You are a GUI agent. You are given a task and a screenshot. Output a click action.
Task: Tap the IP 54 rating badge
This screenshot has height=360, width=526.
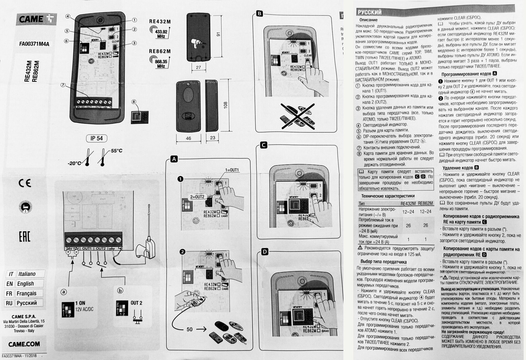97,138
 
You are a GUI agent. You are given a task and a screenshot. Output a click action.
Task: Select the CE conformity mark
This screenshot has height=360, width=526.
25,183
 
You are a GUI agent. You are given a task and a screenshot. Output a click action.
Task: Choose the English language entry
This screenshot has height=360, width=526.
26,283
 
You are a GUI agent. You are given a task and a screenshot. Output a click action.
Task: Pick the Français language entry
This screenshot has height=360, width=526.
26,293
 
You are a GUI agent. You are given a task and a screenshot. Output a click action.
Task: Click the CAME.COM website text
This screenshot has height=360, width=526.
24,344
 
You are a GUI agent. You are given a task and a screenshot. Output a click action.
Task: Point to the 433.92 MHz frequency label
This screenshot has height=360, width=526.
161,34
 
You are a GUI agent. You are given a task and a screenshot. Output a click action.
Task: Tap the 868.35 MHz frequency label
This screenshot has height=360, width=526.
161,64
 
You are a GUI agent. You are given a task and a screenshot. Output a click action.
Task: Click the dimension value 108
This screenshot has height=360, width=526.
225,105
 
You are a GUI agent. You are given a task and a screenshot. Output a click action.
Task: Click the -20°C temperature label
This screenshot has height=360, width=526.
74,164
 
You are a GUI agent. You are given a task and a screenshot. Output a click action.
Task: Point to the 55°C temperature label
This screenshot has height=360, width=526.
117,151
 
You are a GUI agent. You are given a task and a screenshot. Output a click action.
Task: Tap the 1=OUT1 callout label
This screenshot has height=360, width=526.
232,170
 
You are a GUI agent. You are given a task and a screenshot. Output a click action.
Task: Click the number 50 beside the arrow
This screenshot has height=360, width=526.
190,329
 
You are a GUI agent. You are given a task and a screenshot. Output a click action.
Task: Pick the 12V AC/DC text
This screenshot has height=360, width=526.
84,309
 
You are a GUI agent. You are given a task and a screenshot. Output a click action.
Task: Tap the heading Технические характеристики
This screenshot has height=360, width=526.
388,196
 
